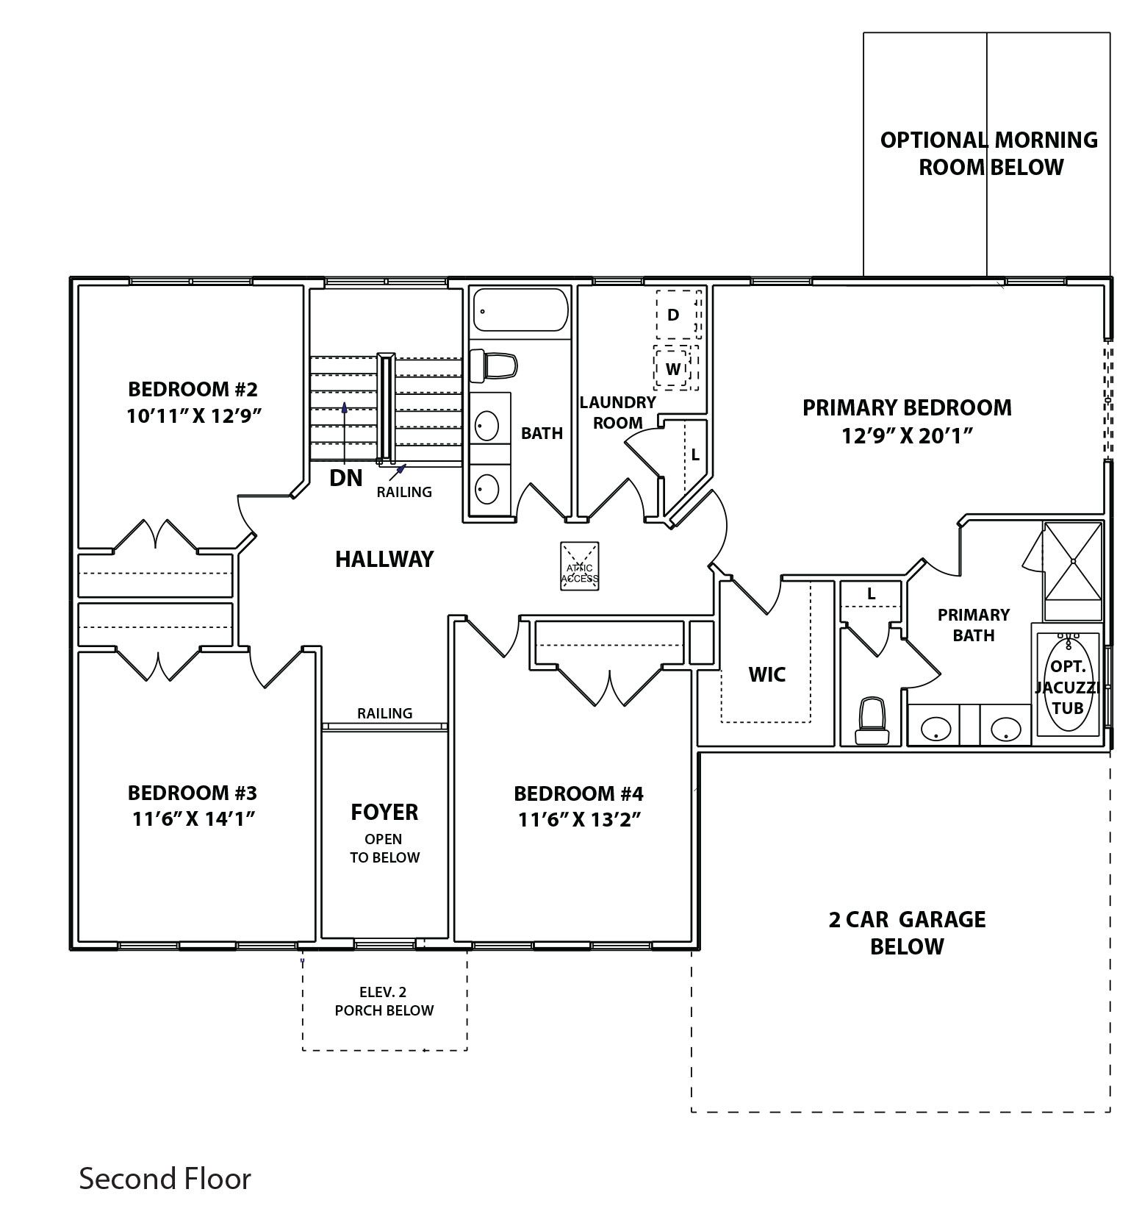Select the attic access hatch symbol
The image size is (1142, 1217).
[x=579, y=565]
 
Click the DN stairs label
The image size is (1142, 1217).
[x=345, y=478]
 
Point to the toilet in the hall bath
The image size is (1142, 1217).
[x=493, y=365]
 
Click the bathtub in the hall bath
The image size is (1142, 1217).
[x=520, y=310]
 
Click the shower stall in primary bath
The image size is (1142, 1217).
[x=1072, y=561]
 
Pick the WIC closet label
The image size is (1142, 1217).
[x=766, y=674]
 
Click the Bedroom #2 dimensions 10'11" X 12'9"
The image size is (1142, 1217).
[x=194, y=416]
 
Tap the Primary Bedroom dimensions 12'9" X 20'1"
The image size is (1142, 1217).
[x=908, y=435]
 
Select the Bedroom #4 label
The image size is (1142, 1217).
[x=578, y=793]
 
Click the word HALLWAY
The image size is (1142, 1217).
[x=384, y=559]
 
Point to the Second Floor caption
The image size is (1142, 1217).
[x=165, y=1178]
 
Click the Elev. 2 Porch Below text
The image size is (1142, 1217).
[x=384, y=1001]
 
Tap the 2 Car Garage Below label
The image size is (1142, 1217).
[x=907, y=932]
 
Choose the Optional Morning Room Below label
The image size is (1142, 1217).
[x=989, y=153]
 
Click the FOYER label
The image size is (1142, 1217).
[x=384, y=812]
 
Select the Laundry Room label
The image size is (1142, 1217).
[x=617, y=413]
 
